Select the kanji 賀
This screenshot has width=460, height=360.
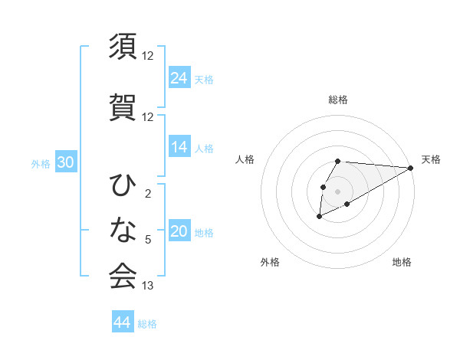[x=123, y=106]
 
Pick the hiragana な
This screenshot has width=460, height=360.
[x=123, y=229]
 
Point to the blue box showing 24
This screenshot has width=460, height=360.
[x=179, y=77]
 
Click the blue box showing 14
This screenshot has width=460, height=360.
[x=179, y=147]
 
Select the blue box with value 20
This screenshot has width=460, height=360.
[x=179, y=232]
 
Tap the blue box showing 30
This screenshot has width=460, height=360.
[x=65, y=162]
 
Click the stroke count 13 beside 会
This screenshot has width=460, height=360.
[x=148, y=286]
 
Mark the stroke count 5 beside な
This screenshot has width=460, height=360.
[x=147, y=239]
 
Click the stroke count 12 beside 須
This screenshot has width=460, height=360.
[x=148, y=55]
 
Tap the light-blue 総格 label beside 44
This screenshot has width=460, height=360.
[x=147, y=324]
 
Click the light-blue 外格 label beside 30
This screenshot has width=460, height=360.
[x=41, y=163]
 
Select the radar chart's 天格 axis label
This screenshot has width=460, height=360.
[x=431, y=159]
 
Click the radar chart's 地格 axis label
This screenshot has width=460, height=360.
[x=402, y=262]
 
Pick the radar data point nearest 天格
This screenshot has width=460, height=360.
[x=411, y=168]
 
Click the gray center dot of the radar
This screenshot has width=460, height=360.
[x=338, y=191]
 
